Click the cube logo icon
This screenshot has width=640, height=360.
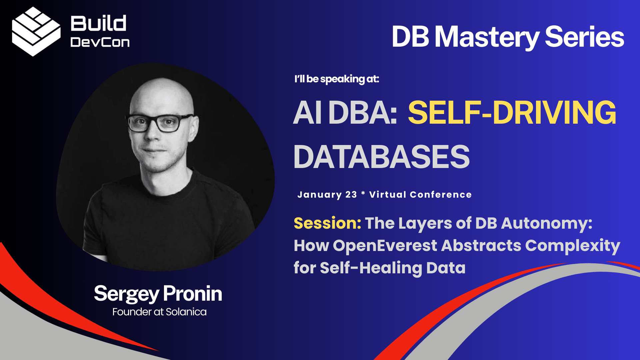(36, 32)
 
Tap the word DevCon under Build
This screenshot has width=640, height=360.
(100, 42)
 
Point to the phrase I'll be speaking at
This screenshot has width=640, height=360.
(337, 79)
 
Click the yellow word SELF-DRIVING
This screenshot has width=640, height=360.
(512, 113)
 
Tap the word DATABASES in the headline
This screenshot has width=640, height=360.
(381, 157)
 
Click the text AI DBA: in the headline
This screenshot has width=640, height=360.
(345, 113)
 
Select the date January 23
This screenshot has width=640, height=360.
(327, 195)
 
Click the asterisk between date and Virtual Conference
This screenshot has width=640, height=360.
(363, 193)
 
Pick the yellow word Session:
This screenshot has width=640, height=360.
(327, 223)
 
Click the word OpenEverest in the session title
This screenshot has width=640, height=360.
(385, 246)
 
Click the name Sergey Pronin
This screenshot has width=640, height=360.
(158, 294)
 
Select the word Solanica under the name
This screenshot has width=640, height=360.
(186, 312)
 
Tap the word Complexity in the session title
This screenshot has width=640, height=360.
(572, 246)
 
